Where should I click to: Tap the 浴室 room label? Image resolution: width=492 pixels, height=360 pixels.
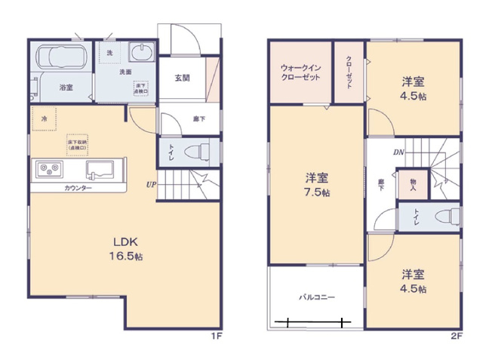point(66,88)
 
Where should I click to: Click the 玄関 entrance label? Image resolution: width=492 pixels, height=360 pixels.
point(182,78)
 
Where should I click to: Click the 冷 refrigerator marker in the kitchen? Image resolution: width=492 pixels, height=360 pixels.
point(45,118)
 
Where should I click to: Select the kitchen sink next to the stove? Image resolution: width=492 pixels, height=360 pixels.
point(100,168)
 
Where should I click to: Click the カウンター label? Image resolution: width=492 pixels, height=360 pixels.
point(78,187)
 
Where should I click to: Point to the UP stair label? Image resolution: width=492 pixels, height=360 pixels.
point(151,184)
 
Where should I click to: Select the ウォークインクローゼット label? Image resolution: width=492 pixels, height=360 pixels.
point(300,73)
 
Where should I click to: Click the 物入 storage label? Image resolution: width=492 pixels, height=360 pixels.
point(414,183)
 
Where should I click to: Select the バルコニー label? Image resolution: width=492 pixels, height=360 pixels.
point(316,297)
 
